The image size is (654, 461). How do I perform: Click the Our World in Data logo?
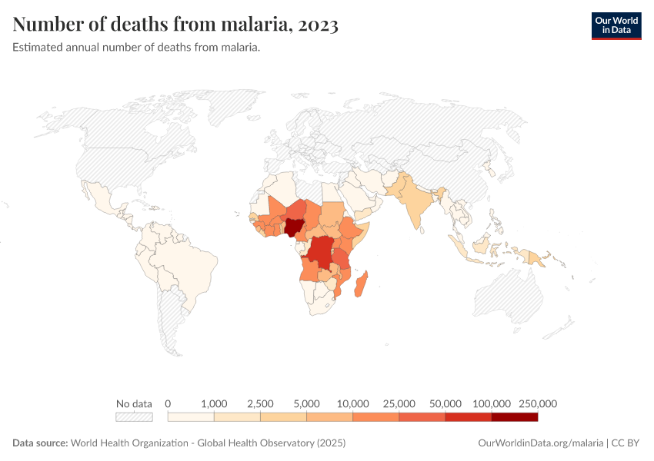(x=616, y=25)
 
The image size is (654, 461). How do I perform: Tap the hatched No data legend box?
(x=134, y=417)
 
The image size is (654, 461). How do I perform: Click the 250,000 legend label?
(x=537, y=403)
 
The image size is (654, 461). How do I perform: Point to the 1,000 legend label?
(x=214, y=403)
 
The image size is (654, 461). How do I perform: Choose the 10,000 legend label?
(x=352, y=403)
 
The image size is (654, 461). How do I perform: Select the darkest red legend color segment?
(x=514, y=417)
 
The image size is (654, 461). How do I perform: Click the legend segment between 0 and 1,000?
(x=191, y=417)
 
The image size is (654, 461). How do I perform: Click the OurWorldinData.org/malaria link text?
(x=540, y=443)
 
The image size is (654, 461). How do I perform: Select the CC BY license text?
(x=626, y=443)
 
